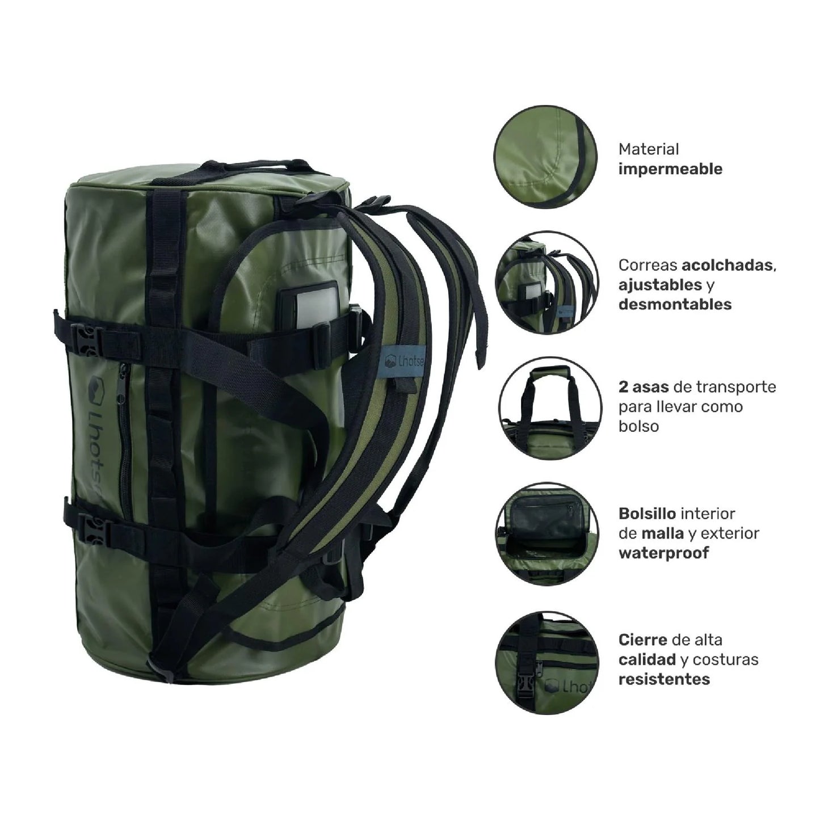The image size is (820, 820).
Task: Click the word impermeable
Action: tap(670, 169)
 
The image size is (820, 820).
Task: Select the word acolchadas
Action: tap(728, 265)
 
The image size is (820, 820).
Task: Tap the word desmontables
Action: tap(675, 304)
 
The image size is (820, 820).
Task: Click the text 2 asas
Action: tap(644, 387)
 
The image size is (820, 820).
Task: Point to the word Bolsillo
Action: tap(647, 514)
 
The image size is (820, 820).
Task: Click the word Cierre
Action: tap(643, 640)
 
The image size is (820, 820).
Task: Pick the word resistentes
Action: tap(664, 679)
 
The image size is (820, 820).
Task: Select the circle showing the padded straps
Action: tap(546, 282)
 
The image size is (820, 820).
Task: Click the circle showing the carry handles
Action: tap(546, 407)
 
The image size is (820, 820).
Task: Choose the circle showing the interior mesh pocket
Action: tap(546, 534)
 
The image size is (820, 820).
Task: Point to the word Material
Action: tap(648, 149)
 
